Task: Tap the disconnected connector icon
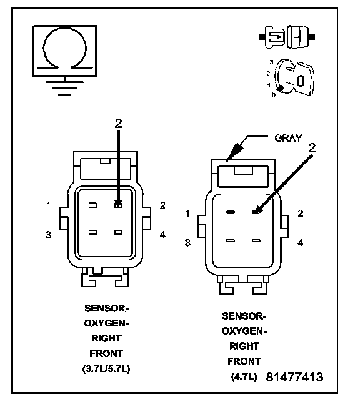[287, 37]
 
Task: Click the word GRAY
[288, 138]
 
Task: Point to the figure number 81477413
[294, 377]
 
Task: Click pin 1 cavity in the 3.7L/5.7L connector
[92, 205]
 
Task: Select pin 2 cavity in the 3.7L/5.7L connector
[118, 205]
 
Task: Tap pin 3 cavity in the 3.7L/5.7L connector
[92, 233]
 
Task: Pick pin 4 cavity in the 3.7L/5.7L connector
[118, 233]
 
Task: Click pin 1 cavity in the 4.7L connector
[231, 212]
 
